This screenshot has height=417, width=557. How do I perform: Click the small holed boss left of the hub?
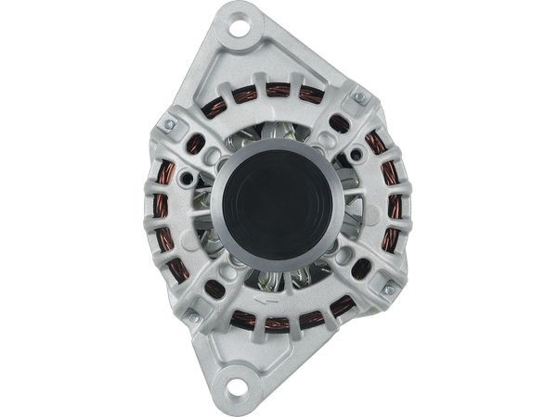(190, 177)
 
